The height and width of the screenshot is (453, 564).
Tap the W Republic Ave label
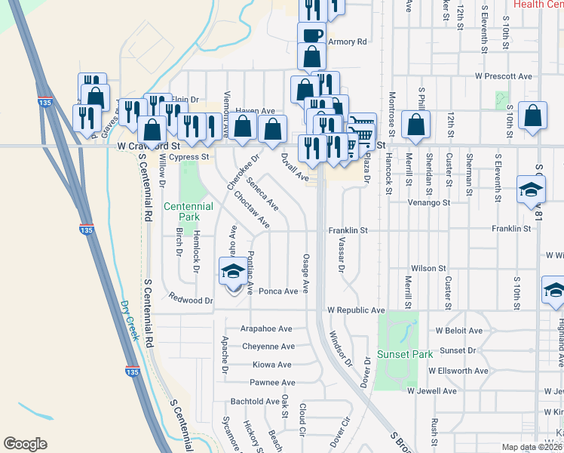pos(356,310)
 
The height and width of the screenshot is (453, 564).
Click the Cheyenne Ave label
pos(268,347)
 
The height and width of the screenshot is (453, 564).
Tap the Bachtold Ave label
pos(255,402)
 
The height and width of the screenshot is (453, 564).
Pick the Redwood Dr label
pos(192,300)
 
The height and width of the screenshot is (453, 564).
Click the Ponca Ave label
pos(279,291)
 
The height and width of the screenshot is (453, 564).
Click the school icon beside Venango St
pos(531,190)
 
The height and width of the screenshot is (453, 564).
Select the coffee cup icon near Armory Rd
pos(311,35)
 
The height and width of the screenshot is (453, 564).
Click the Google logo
pos(25,444)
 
